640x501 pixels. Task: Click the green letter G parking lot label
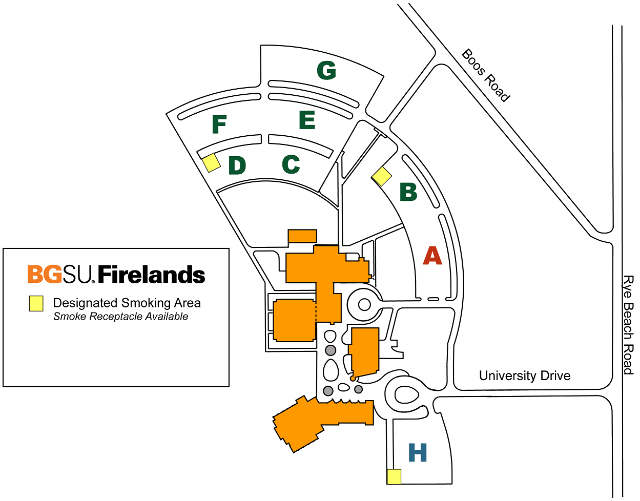click(x=326, y=70)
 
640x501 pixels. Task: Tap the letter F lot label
click(x=219, y=124)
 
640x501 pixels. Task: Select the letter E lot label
click(x=307, y=120)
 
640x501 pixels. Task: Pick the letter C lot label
click(x=291, y=164)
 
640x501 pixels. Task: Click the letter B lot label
click(x=408, y=192)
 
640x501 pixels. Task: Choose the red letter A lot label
click(x=432, y=256)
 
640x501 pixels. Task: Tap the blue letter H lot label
click(x=418, y=452)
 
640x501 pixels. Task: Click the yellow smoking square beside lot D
click(x=212, y=162)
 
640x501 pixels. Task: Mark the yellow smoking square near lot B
click(x=382, y=177)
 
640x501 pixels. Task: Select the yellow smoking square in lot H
click(x=394, y=477)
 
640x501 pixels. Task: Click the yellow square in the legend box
click(x=36, y=303)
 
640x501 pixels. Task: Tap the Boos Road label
click(x=485, y=76)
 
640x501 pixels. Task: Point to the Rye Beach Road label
click(x=628, y=325)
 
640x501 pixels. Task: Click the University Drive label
click(x=525, y=376)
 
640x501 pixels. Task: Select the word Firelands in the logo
click(x=151, y=274)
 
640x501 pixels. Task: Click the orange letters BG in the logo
click(x=45, y=274)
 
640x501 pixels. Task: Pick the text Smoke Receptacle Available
click(x=120, y=317)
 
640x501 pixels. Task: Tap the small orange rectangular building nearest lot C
click(x=302, y=236)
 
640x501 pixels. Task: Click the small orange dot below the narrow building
click(x=353, y=379)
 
